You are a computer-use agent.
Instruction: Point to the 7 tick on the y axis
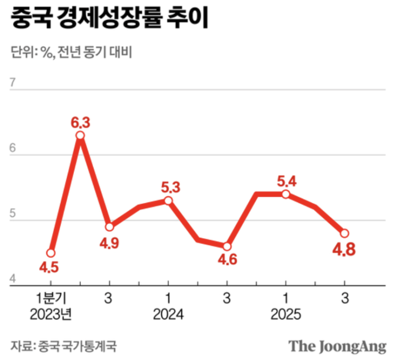(x=14, y=82)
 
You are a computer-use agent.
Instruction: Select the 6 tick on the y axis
(x=14, y=147)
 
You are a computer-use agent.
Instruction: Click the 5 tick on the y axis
(x=14, y=214)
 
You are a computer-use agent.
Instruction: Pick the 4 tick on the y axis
(x=14, y=279)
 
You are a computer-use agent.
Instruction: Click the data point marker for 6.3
(x=80, y=136)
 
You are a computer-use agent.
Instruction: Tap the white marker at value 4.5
(x=50, y=253)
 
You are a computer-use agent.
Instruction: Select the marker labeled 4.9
(x=109, y=226)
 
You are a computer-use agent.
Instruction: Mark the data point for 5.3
(x=168, y=200)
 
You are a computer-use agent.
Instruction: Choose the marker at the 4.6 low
(x=226, y=246)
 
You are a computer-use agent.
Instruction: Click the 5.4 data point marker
(x=286, y=194)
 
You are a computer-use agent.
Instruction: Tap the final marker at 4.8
(x=344, y=233)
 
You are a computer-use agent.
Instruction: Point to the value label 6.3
(x=80, y=122)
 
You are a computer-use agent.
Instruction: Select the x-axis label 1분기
(x=50, y=298)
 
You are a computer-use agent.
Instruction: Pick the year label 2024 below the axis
(x=168, y=314)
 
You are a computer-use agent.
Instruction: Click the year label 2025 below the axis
(x=286, y=314)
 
